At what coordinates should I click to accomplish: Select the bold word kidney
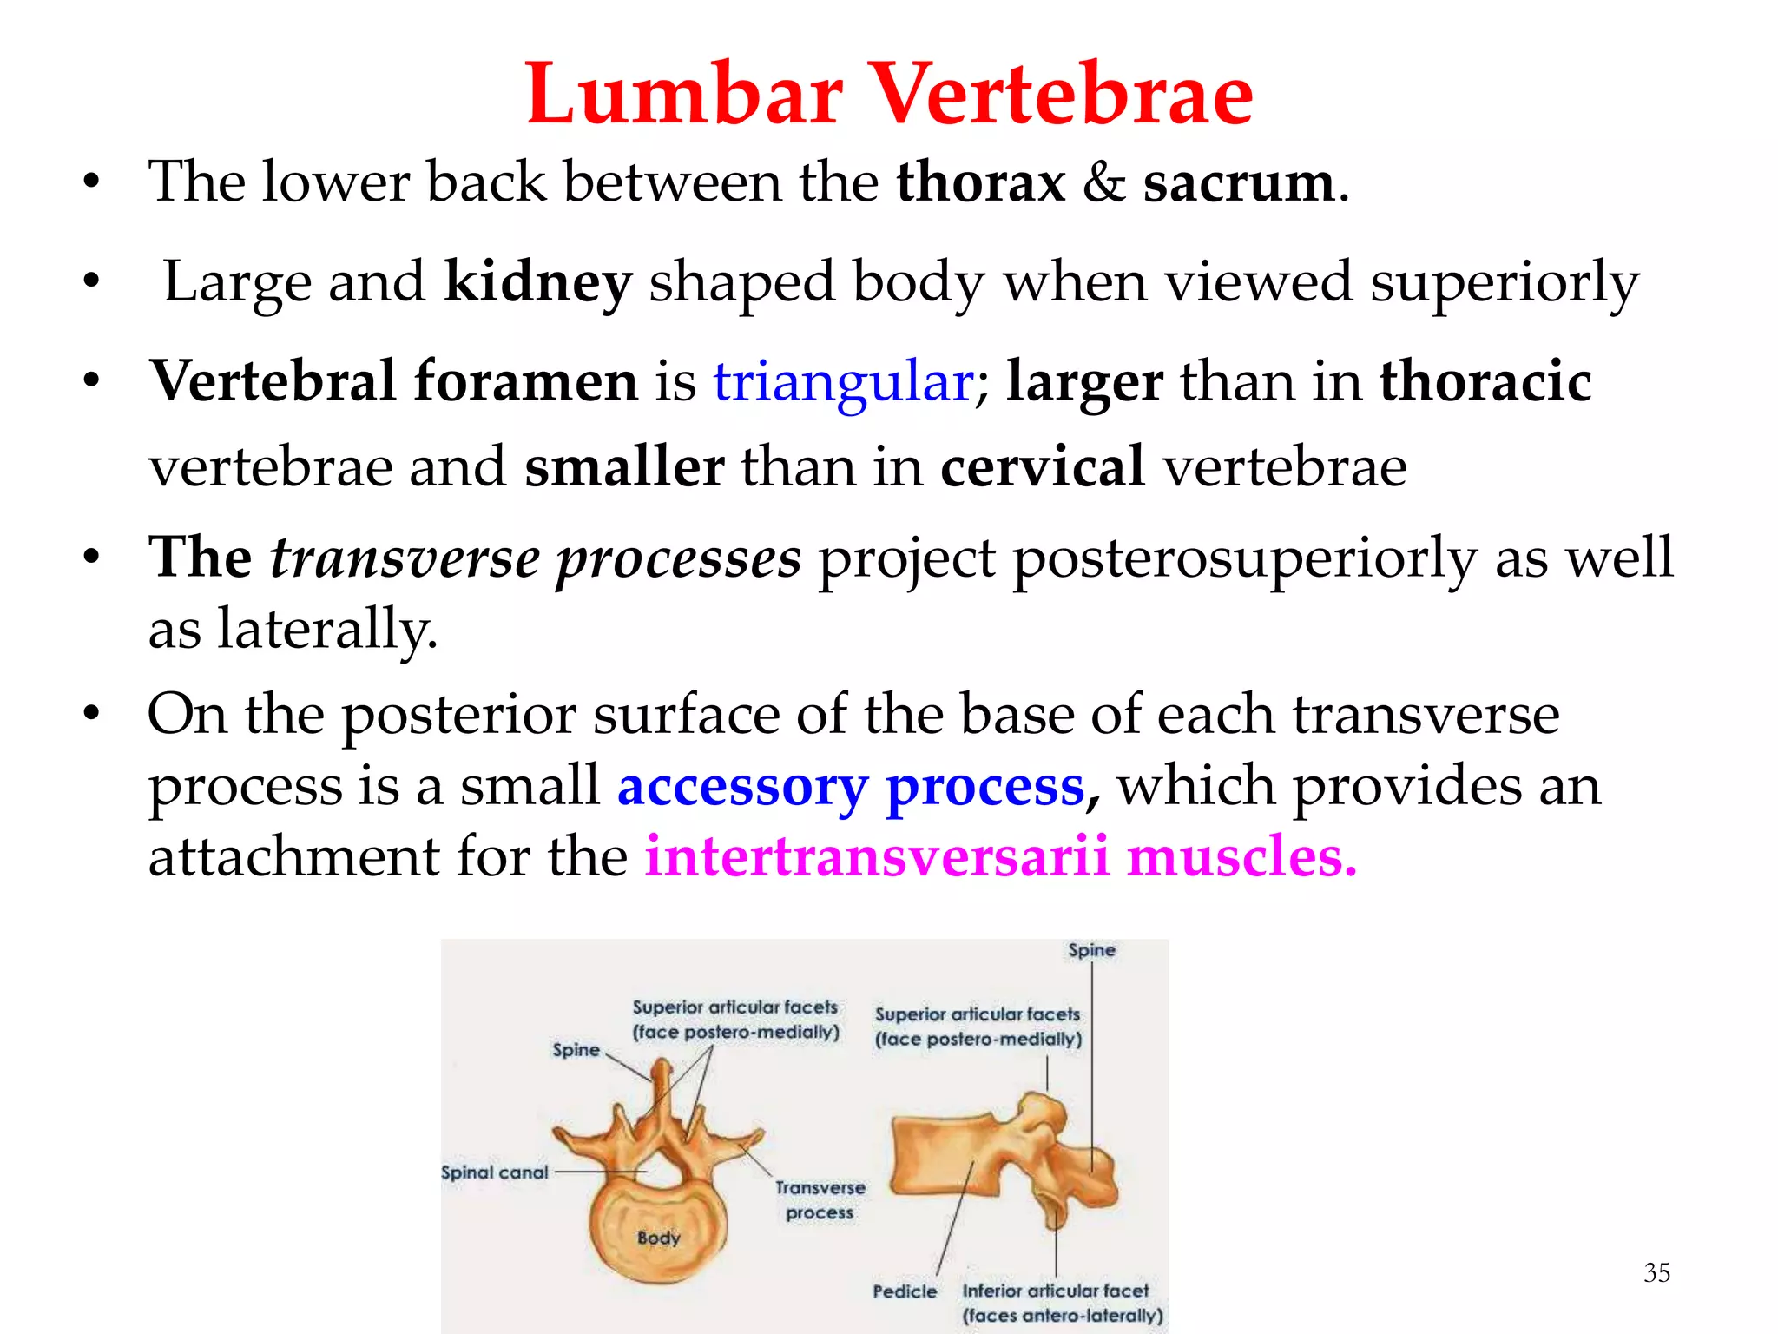[x=537, y=282]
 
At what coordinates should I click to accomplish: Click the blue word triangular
[x=843, y=381]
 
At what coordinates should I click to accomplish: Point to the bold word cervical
[x=1043, y=466]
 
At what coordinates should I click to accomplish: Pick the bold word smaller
[x=624, y=466]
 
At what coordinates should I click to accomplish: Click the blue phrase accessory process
[x=851, y=786]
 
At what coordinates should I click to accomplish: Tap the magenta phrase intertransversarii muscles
[x=1000, y=857]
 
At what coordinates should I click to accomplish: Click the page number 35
[x=1656, y=1272]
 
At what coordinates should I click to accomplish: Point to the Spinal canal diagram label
[x=495, y=1172]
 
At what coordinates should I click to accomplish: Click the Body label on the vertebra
[x=658, y=1238]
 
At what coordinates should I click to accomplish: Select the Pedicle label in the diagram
[x=905, y=1291]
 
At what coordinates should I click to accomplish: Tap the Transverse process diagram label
[x=820, y=1199]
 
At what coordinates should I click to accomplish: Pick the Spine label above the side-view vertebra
[x=1091, y=950]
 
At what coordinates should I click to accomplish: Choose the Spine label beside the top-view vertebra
[x=576, y=1050]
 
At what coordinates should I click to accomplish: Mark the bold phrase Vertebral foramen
[x=394, y=381]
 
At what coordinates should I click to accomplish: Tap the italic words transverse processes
[x=535, y=558]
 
